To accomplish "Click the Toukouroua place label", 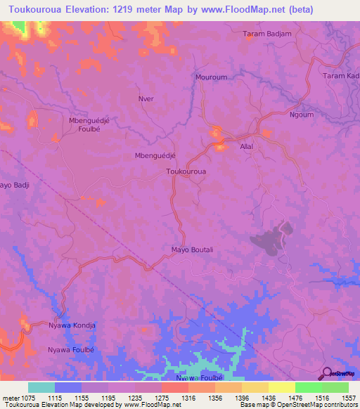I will click(186, 171).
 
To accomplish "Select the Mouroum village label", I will click(210, 79).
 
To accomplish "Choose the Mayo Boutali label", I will click(192, 249).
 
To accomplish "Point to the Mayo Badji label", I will click(14, 186).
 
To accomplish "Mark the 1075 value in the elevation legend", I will click(25, 398).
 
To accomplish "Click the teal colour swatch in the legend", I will click(41, 387).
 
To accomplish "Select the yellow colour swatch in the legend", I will click(281, 387).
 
